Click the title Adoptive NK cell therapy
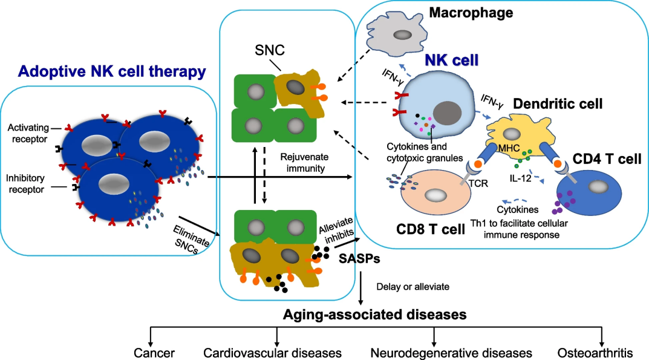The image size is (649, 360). pyautogui.click(x=112, y=72)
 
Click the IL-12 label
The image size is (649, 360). pyautogui.click(x=520, y=178)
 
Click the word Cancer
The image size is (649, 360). pyautogui.click(x=155, y=352)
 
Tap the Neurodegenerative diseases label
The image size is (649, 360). pyautogui.click(x=451, y=352)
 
